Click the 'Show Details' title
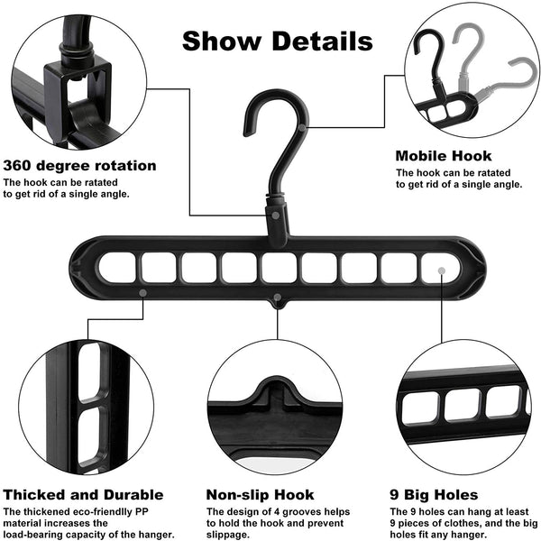[x=277, y=41]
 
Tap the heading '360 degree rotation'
[x=79, y=165]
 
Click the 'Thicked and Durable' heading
[x=83, y=494]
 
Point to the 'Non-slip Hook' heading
[x=261, y=494]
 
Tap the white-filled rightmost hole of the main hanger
[x=437, y=268]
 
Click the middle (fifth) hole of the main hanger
[x=278, y=268]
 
